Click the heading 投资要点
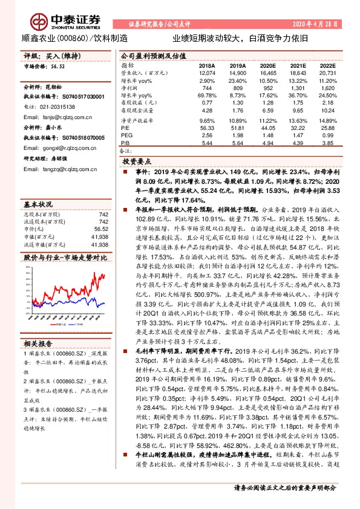point(137,163)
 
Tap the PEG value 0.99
point(327,136)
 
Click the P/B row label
point(125,143)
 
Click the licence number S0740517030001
point(81,96)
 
